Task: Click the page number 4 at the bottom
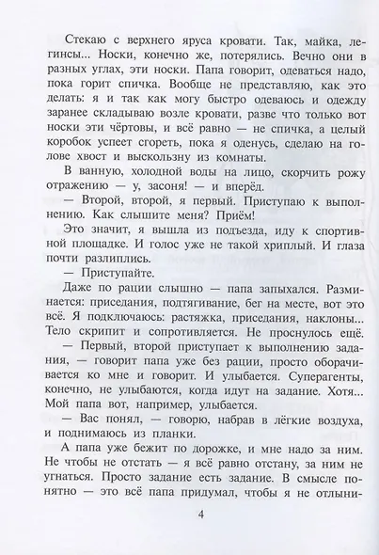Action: click(x=189, y=512)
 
